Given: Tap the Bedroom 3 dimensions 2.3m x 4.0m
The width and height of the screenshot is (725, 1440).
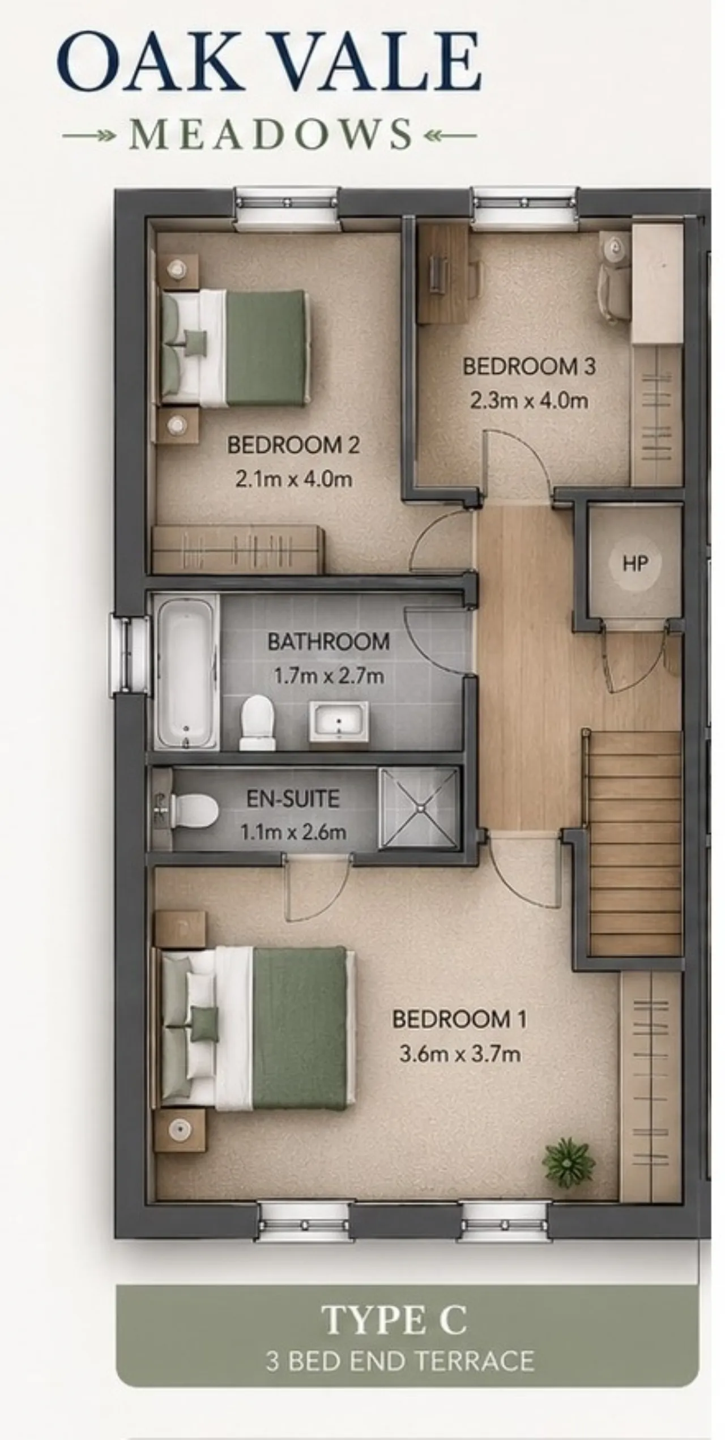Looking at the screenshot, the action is pos(529,401).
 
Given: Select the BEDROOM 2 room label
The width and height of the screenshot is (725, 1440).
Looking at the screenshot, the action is pos(293,445).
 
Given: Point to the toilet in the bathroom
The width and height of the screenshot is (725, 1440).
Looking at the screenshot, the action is pos(257,722).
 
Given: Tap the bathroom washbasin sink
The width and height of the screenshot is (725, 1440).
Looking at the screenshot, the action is pos(339,721).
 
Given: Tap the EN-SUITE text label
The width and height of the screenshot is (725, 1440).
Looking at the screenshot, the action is pos(293,799).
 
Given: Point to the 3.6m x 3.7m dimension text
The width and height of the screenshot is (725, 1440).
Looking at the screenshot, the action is pos(460,1054).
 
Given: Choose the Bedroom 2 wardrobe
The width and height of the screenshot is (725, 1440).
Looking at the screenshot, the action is pos(238,549).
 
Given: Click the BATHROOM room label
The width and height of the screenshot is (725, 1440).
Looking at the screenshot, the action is pos(329,642).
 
